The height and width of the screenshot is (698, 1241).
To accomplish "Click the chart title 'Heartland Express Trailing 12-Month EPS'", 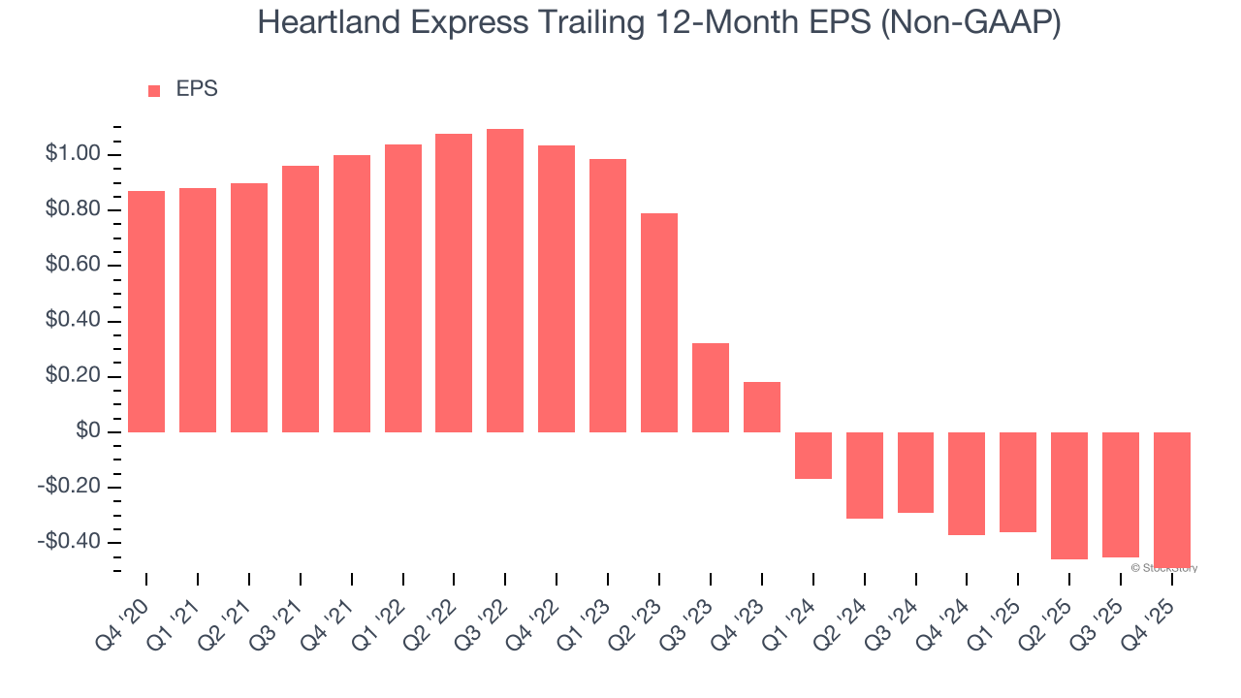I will coord(659,23).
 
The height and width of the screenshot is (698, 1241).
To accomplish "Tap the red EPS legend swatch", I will coord(154,91).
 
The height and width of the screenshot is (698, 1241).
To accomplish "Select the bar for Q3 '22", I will coord(505,280).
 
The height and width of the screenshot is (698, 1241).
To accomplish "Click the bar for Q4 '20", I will coord(146,311).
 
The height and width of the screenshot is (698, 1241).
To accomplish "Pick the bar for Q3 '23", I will coord(711,388).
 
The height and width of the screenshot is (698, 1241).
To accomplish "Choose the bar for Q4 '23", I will coord(762,407).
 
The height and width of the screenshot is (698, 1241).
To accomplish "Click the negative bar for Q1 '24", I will coord(813,456).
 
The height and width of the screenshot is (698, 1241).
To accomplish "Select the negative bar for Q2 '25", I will coord(1069,495).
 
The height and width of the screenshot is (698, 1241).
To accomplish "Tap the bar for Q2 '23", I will coord(659,323).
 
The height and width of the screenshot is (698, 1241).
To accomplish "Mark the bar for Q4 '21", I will coord(352,294).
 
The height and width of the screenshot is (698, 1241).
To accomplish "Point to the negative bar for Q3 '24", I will coord(915,472).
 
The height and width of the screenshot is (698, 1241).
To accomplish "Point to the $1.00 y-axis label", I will coord(72,154).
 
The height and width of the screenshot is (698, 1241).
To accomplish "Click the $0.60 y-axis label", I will coord(72,266).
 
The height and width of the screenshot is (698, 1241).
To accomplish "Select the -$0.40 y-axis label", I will coord(70,542).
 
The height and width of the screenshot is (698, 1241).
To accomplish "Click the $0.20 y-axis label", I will coord(72,376).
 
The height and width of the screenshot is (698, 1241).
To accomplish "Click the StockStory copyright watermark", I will coord(1164,568).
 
